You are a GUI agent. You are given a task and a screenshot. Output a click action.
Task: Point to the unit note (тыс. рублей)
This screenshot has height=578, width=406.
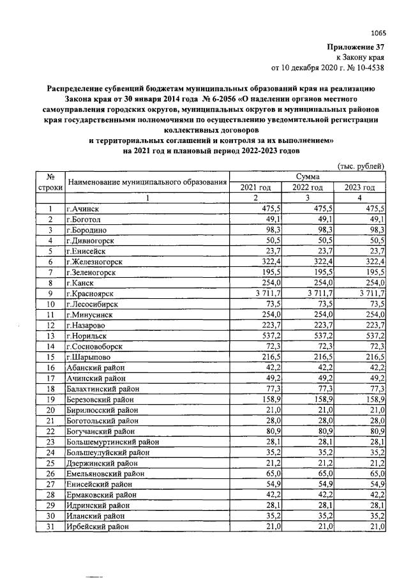(x=360, y=166)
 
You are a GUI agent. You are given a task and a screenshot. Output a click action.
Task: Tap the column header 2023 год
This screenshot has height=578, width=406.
(x=359, y=187)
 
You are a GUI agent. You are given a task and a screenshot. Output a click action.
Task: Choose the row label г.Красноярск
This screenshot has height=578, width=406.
(x=91, y=293)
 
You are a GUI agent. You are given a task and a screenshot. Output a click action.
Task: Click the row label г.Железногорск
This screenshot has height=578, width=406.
(x=94, y=261)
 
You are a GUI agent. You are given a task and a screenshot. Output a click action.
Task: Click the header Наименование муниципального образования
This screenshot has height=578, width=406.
(x=147, y=182)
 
